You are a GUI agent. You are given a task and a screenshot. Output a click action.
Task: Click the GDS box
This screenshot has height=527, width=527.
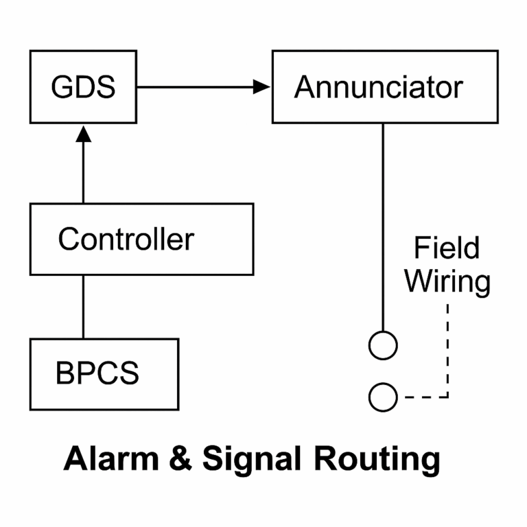pos(83,86)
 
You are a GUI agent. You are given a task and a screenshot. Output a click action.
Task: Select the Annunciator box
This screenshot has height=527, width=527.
pos(384,86)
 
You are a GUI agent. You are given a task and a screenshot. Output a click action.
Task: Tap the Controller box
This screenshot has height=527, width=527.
pos(141,239)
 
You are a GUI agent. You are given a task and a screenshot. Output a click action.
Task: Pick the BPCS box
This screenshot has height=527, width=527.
pos(104,374)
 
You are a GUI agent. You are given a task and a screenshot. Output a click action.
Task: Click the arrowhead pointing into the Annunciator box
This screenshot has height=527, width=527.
pos(261,86)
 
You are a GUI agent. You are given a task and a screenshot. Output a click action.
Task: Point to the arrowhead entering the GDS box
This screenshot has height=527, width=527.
pos(83,132)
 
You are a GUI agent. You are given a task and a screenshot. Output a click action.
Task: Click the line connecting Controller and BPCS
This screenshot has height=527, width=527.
pos(83,306)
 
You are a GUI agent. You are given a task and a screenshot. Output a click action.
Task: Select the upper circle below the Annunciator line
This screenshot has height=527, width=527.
pos(382,345)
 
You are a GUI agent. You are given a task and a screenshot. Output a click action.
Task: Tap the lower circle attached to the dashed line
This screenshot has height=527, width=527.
pos(382,397)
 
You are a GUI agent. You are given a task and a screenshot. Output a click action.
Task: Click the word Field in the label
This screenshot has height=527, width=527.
pos(446,248)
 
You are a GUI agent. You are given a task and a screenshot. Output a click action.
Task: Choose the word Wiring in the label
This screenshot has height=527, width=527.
pos(447,281)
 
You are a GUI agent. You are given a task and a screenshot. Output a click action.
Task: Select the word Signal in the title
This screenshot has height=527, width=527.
pos(251,460)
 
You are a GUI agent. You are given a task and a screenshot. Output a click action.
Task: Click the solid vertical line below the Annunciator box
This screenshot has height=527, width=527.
pos(382,226)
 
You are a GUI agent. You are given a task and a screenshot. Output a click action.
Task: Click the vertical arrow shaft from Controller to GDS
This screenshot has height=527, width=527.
pos(83,172)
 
